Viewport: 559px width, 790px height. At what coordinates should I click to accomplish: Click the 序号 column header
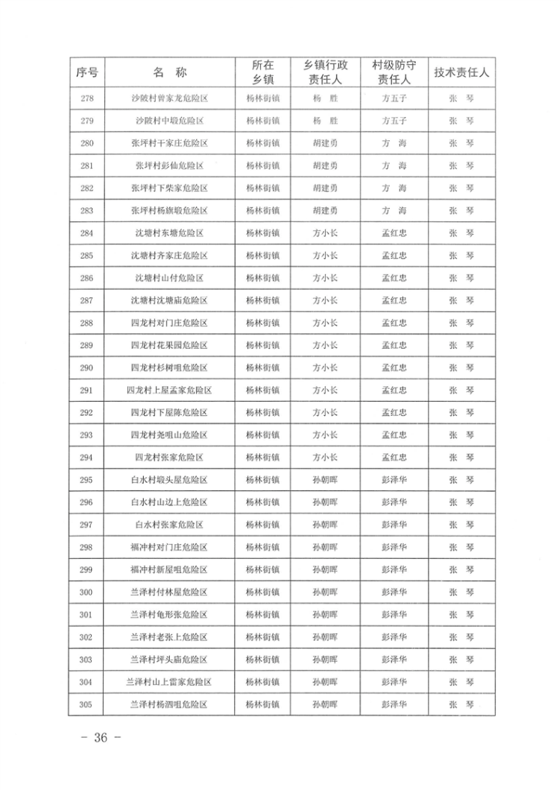[87, 72]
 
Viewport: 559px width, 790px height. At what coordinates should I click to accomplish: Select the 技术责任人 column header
[461, 72]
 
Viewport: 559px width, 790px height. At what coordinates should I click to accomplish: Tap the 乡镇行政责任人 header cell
[325, 72]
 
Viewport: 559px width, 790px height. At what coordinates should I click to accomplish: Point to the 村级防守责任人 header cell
[394, 72]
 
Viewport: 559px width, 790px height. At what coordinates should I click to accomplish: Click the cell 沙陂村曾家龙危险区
[169, 98]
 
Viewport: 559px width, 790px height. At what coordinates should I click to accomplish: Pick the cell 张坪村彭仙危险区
[169, 165]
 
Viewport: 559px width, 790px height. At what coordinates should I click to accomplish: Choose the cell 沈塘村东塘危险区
[169, 233]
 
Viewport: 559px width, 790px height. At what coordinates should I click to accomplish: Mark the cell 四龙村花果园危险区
[169, 345]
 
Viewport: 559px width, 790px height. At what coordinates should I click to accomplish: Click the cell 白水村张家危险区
[169, 525]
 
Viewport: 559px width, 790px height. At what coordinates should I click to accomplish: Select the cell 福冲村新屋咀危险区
[169, 569]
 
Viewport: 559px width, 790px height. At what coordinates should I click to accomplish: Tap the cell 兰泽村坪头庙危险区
[169, 660]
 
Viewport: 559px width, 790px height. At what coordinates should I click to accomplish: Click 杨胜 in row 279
[325, 120]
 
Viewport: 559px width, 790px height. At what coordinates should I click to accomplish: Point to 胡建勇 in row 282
[325, 188]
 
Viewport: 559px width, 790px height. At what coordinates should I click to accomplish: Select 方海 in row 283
[394, 210]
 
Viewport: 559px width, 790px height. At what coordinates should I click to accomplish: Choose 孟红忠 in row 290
[394, 367]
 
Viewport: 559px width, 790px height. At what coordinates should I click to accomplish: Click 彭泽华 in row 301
[394, 615]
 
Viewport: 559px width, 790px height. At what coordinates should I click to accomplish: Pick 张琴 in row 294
[461, 458]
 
